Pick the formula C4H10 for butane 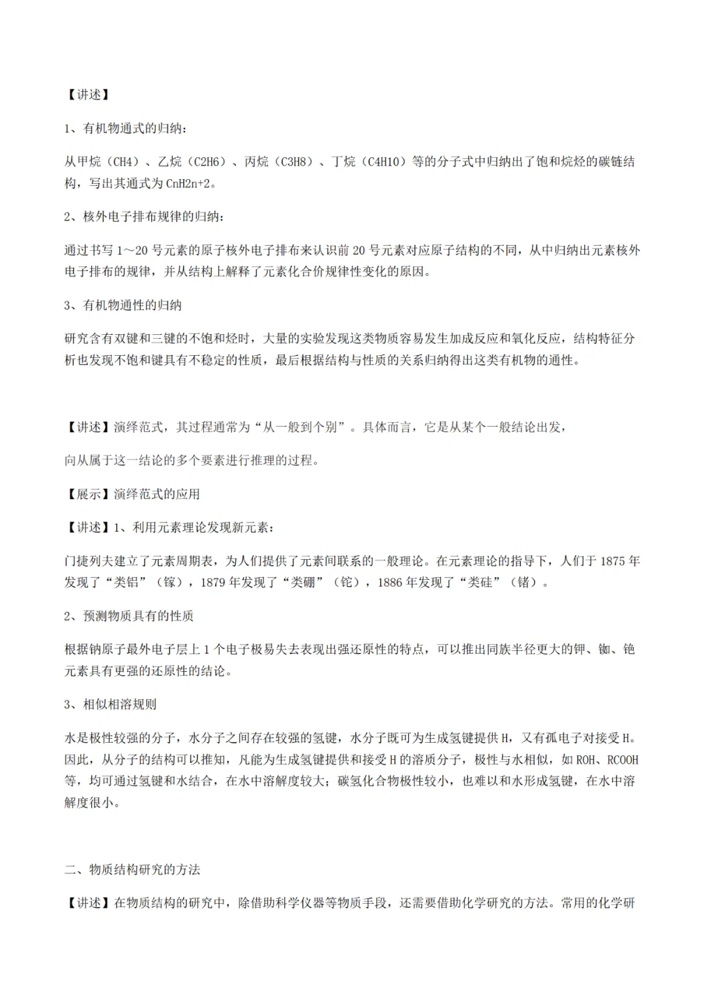(x=385, y=162)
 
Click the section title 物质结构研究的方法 (x=144, y=870)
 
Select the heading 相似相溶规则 (x=120, y=704)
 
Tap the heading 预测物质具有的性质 (x=138, y=616)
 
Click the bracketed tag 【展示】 (x=89, y=494)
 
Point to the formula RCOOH (x=623, y=760)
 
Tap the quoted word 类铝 (x=126, y=583)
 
